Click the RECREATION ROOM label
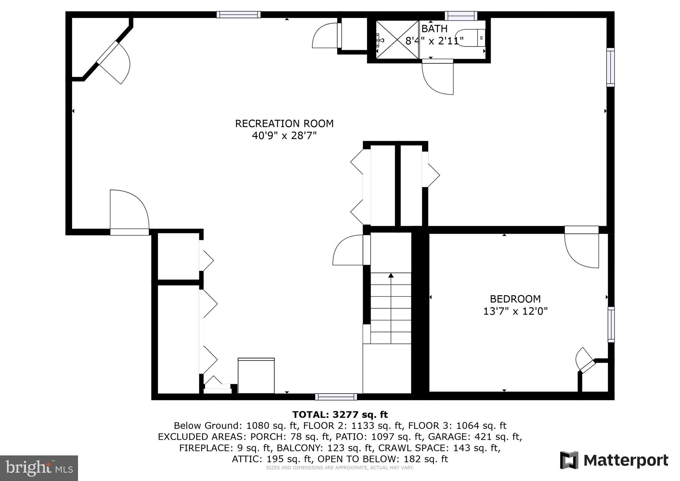284,124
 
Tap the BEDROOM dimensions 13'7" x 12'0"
515,311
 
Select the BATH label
434,29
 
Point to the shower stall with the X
397,40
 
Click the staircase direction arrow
391,276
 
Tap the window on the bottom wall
336,397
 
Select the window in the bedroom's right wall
611,325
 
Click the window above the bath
461,16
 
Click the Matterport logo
614,460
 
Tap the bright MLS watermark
39,468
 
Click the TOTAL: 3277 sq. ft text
340,415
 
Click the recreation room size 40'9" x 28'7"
284,136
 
